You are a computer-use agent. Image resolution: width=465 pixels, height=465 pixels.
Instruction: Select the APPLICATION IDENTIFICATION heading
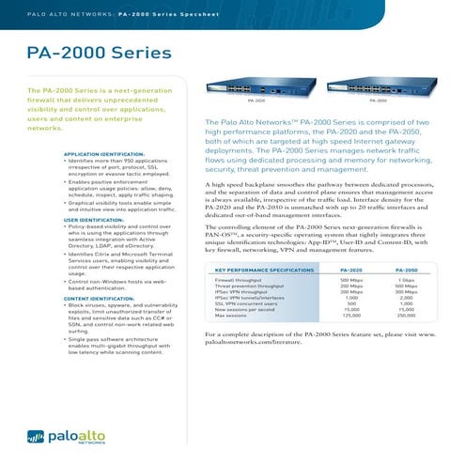103,152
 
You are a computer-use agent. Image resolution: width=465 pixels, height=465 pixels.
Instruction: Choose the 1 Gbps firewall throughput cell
407,280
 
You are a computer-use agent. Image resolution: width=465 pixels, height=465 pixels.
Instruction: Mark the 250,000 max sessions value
407,316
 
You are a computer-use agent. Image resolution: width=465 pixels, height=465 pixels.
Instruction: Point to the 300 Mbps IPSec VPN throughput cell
407,292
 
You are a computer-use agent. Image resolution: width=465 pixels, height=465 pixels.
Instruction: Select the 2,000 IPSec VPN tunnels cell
407,298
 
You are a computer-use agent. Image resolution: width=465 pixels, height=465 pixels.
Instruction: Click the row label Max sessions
230,316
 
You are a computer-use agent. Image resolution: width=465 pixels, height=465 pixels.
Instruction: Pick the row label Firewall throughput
238,280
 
